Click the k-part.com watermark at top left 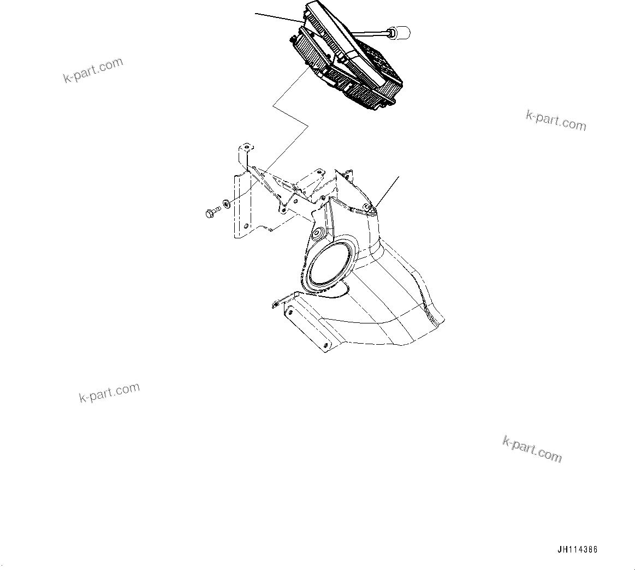tap(93, 71)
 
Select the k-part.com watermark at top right tap(556, 121)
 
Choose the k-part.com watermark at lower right tap(532, 449)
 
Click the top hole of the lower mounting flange tap(289, 313)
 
